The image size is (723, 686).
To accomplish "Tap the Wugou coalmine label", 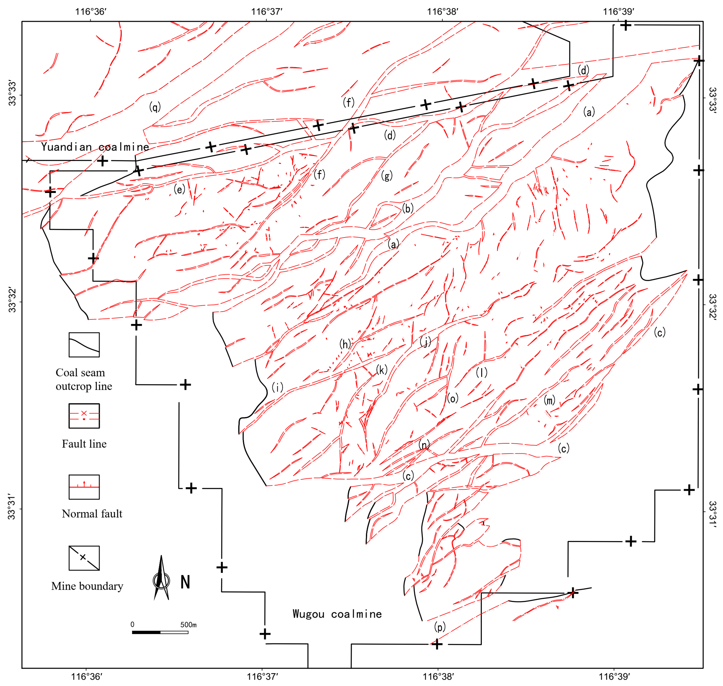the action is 337,614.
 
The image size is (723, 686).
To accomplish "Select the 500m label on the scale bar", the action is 188,625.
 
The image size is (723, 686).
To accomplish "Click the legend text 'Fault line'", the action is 84,444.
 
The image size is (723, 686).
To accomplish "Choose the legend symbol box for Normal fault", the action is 84,487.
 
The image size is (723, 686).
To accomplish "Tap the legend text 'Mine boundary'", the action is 87,586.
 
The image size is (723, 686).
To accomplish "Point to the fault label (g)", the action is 387,176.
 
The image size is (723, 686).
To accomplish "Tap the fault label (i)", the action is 277,387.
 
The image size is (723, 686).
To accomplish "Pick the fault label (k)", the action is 382,370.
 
